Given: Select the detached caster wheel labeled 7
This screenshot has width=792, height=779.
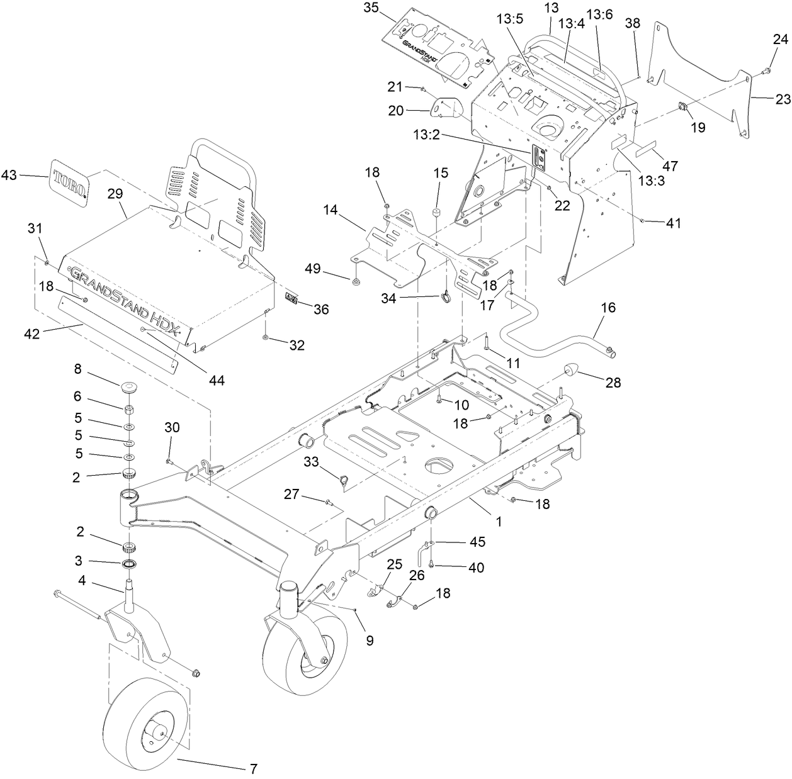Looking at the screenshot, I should click(x=146, y=722).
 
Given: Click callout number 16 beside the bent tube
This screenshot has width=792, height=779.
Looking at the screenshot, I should click(x=608, y=308).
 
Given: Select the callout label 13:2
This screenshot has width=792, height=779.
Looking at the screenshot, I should click(x=426, y=135).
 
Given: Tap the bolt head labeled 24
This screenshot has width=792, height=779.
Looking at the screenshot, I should click(x=765, y=71).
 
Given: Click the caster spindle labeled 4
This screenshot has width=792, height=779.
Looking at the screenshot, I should click(x=131, y=598).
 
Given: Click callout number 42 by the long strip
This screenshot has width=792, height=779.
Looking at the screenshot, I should click(x=31, y=334).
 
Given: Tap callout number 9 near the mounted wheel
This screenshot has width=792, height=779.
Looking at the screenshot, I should click(x=370, y=641).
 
